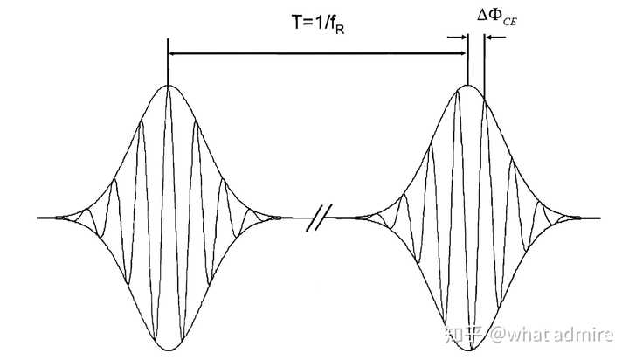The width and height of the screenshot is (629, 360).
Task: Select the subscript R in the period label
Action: (340, 30)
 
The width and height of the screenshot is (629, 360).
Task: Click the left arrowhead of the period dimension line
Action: (172, 54)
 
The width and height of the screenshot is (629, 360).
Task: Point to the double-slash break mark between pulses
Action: (316, 217)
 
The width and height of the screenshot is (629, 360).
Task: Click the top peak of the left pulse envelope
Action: (168, 86)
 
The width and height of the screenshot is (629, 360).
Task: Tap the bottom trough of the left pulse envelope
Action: (168, 349)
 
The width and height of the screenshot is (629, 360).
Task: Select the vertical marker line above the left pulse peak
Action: (167, 61)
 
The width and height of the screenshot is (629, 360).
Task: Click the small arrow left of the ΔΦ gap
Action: (456, 37)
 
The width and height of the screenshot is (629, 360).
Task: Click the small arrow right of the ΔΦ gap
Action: (494, 37)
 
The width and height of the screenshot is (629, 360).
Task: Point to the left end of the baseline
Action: (39, 217)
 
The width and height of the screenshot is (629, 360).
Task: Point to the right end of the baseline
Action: (598, 217)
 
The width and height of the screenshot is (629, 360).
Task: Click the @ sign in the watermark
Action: (495, 333)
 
